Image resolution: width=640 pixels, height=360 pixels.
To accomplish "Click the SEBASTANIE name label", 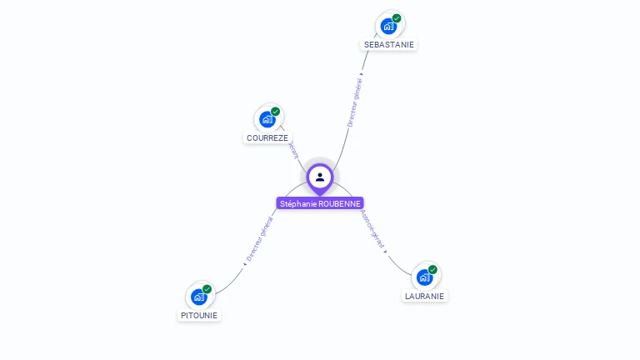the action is (x=388, y=44).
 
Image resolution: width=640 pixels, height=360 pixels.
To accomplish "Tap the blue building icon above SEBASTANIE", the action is (x=387, y=26).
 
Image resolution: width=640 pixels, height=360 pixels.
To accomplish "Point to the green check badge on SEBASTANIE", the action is (x=397, y=18).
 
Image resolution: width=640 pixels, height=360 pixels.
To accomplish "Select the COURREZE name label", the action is (x=267, y=137).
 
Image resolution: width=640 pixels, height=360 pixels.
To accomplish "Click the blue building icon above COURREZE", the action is (x=267, y=119).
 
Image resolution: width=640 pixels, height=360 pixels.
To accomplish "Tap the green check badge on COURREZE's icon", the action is (x=275, y=112).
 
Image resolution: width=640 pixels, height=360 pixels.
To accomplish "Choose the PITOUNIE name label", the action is (x=199, y=315).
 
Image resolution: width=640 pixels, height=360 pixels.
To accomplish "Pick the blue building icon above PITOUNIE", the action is (x=198, y=297).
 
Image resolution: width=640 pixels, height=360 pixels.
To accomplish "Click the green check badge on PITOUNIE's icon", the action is (x=207, y=289).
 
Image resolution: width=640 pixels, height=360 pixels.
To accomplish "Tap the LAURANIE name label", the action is (x=425, y=296).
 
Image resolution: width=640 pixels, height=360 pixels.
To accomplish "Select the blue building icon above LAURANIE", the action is (x=424, y=277).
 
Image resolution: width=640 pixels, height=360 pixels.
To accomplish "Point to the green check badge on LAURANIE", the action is (x=432, y=269).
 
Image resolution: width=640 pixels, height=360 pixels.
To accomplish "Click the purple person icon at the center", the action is (x=320, y=177).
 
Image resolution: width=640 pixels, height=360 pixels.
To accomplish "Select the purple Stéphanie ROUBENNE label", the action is (x=320, y=203).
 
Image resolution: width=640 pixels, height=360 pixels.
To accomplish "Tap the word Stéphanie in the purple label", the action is (x=298, y=203).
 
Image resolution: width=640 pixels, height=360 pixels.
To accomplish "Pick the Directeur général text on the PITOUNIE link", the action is (x=259, y=239).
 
